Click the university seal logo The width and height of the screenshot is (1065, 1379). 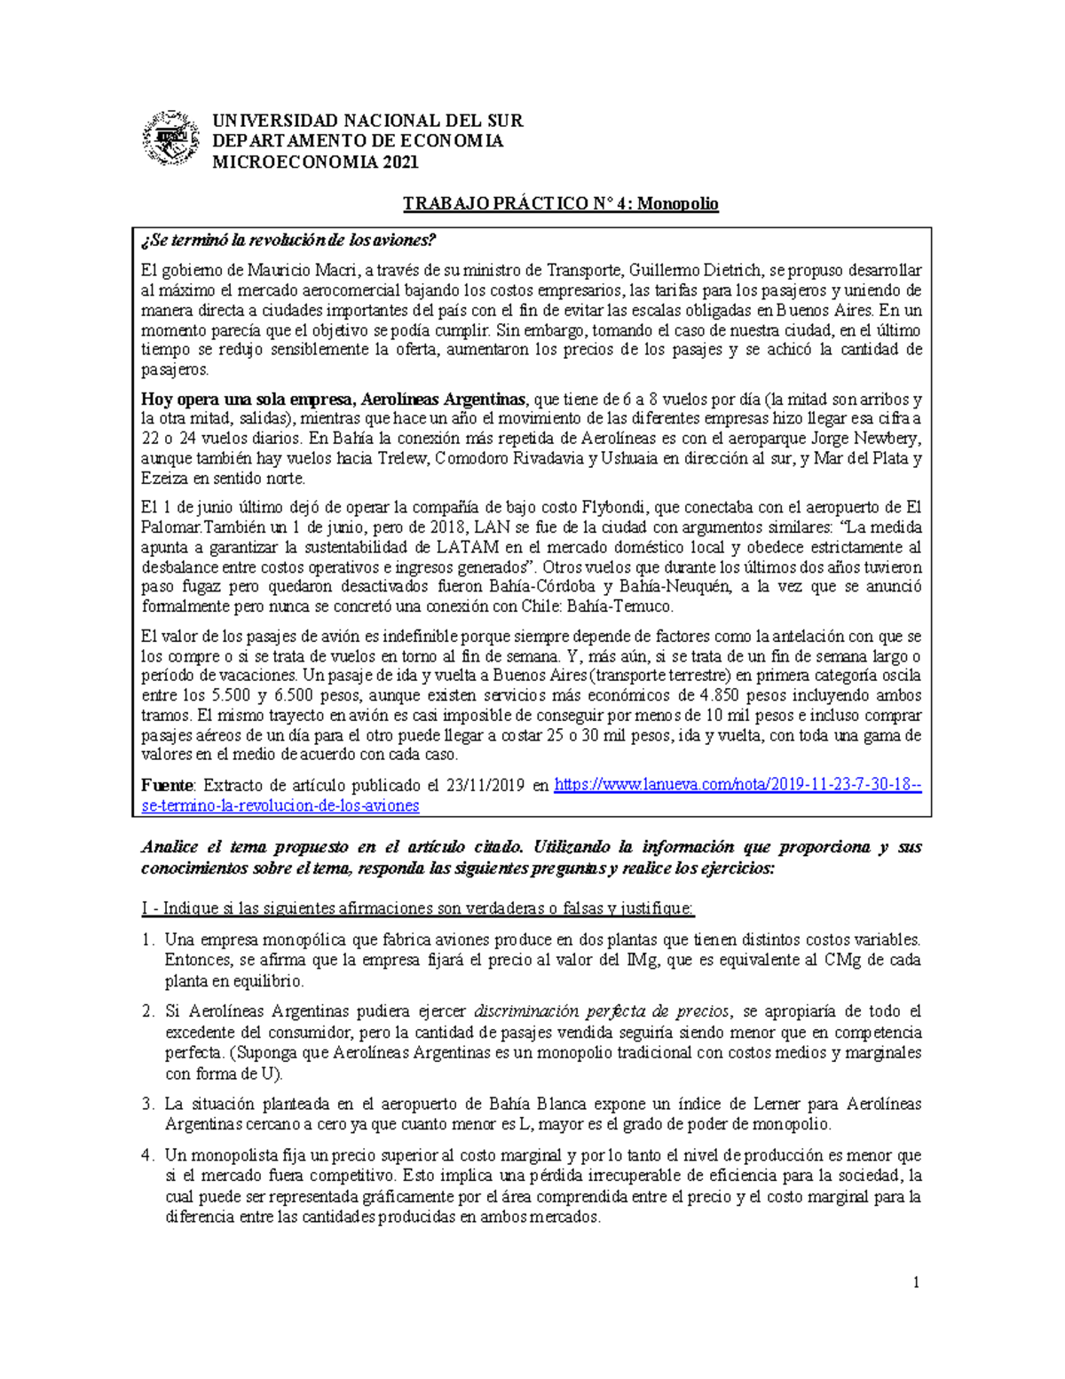click(x=171, y=139)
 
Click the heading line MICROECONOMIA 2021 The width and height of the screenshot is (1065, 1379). click(x=314, y=162)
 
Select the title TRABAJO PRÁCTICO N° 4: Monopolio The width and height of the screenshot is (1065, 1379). click(x=560, y=203)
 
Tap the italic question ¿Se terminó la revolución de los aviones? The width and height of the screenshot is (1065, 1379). click(x=289, y=242)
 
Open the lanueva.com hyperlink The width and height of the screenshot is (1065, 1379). click(x=738, y=786)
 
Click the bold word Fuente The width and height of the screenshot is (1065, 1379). click(x=167, y=786)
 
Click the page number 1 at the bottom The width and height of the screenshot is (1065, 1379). click(x=917, y=1282)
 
